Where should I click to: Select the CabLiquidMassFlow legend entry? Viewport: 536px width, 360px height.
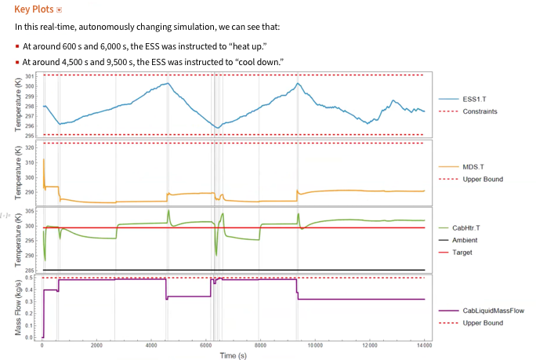(493, 311)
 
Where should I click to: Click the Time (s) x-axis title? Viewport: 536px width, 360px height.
(234, 355)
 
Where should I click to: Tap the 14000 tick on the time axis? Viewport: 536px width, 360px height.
(424, 346)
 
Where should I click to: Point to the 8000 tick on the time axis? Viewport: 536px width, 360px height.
(260, 346)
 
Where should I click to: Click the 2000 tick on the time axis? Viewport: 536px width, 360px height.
(97, 346)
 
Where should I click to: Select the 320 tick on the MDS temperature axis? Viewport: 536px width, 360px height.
(31, 147)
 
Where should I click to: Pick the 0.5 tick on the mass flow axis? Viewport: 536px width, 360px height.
(31, 278)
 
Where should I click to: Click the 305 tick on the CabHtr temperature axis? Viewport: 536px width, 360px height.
(31, 212)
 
